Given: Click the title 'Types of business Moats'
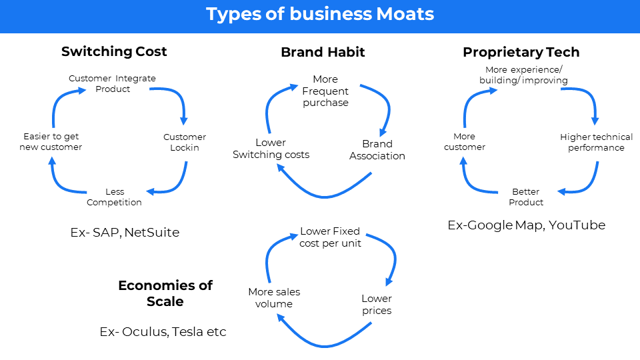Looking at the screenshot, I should (320, 14).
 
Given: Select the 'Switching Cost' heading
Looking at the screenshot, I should (114, 51).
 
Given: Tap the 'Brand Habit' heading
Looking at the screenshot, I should (323, 52).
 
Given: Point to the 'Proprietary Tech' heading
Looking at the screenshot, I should (521, 52).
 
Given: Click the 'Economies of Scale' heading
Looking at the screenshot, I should (165, 293).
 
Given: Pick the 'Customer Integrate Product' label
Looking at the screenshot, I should (112, 83).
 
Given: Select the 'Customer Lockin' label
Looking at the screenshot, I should (185, 142).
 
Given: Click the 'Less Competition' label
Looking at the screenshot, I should (114, 197).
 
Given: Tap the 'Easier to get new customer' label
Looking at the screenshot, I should (51, 142).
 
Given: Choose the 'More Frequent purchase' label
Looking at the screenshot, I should (325, 91).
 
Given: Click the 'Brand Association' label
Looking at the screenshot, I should (377, 150).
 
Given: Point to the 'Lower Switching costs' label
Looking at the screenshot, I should (271, 149).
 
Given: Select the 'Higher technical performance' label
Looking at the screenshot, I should (596, 142).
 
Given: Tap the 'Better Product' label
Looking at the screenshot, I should (526, 197).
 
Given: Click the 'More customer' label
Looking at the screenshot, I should (465, 142).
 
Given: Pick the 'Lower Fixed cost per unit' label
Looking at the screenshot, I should (330, 237).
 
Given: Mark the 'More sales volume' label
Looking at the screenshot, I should (274, 298).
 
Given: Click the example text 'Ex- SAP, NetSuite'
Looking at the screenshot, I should (125, 233).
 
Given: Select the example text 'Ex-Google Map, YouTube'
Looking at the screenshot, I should (527, 225).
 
